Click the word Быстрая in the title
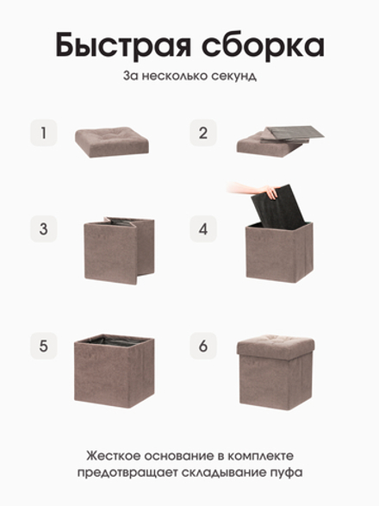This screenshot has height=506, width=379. click(123, 46)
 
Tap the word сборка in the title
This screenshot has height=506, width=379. click(263, 44)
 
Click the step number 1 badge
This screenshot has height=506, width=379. click(44, 133)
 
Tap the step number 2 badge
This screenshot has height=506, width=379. click(203, 133)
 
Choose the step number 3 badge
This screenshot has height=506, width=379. click(44, 228)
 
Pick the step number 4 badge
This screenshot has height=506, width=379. click(203, 228)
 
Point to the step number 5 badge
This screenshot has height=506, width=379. click(44, 346)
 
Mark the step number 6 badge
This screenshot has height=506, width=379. click(203, 346)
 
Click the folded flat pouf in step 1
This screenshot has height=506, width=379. click(112, 141)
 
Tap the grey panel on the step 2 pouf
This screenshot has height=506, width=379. click(292, 133)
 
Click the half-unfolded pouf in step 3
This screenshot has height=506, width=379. click(120, 250)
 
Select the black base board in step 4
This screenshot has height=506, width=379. click(277, 207)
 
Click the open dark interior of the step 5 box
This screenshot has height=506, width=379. click(113, 340)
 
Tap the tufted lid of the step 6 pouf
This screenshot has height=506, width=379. click(275, 346)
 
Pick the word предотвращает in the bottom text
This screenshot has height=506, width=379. click(127, 473)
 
